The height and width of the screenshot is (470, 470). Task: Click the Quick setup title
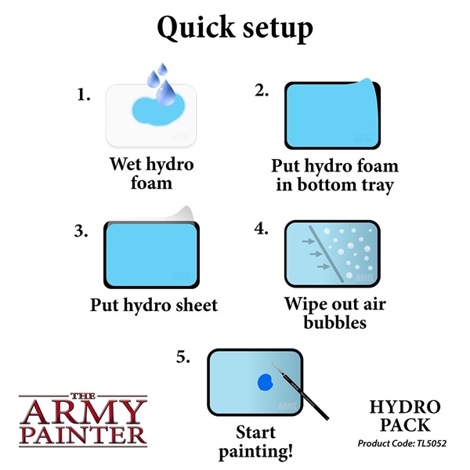(x=235, y=28)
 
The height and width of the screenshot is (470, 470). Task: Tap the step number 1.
(x=84, y=95)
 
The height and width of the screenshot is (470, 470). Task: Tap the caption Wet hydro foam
(x=151, y=174)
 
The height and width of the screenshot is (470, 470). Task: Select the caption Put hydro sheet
(x=153, y=304)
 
